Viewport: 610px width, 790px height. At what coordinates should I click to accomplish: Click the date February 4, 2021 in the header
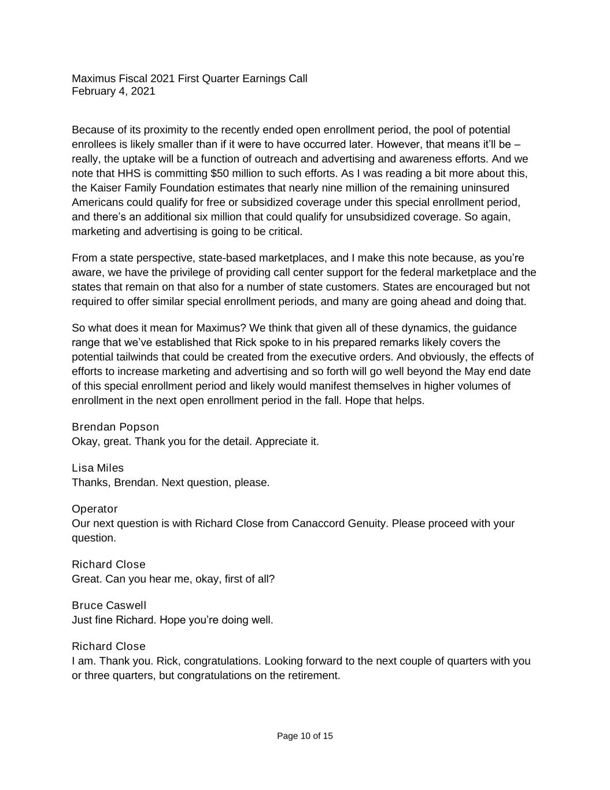pyautogui.click(x=113, y=91)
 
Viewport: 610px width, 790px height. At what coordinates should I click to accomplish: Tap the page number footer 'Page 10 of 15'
pyautogui.click(x=305, y=736)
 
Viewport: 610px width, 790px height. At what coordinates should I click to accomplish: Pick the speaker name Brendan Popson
pyautogui.click(x=115, y=427)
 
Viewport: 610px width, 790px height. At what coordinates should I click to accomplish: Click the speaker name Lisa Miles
pyautogui.click(x=98, y=468)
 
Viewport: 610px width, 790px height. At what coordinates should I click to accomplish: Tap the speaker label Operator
pyautogui.click(x=94, y=509)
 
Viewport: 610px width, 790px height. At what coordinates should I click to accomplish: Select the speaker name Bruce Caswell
pyautogui.click(x=109, y=605)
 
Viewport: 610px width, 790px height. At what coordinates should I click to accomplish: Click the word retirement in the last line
pyautogui.click(x=313, y=676)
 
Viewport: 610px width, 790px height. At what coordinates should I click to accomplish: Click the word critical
pyautogui.click(x=283, y=232)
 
